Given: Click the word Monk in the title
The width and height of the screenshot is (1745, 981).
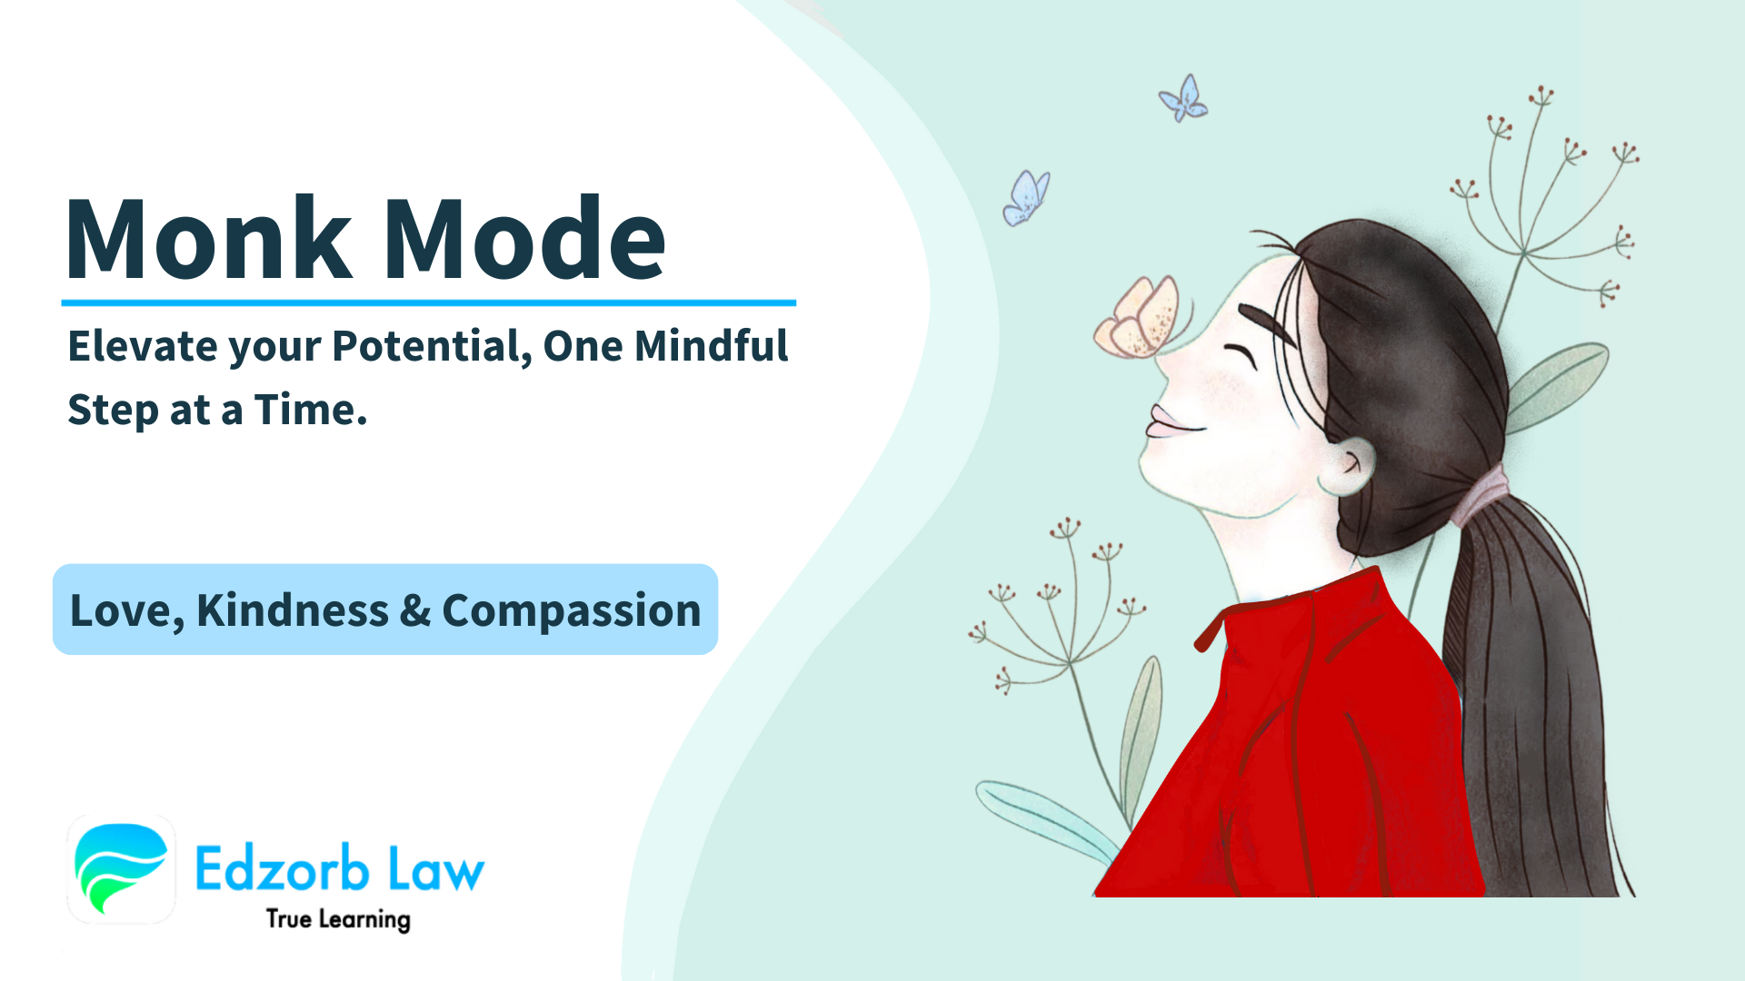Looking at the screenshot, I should point(208,238).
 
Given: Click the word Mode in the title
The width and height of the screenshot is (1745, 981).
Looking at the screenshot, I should point(525,238).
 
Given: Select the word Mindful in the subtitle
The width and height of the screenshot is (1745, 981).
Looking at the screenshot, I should point(711,346).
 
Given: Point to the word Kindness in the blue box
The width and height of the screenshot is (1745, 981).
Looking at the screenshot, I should point(292,610).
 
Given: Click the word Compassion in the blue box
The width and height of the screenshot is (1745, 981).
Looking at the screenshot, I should point(571,610).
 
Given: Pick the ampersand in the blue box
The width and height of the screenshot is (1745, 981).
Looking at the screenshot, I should point(414,610).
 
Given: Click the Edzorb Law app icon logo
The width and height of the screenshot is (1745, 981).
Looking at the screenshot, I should point(121,868).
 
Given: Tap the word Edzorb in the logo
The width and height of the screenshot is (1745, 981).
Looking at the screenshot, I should point(282,868).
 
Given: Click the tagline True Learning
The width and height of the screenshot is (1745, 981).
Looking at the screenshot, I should point(338,919).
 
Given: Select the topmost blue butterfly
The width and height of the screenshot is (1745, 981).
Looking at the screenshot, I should point(1183,99).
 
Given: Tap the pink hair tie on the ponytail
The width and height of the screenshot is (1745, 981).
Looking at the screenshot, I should point(1480,495).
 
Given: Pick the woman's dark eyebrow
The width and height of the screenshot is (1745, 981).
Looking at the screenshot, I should point(1267,323).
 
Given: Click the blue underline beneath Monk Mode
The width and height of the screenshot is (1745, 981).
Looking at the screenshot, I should point(428,302).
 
